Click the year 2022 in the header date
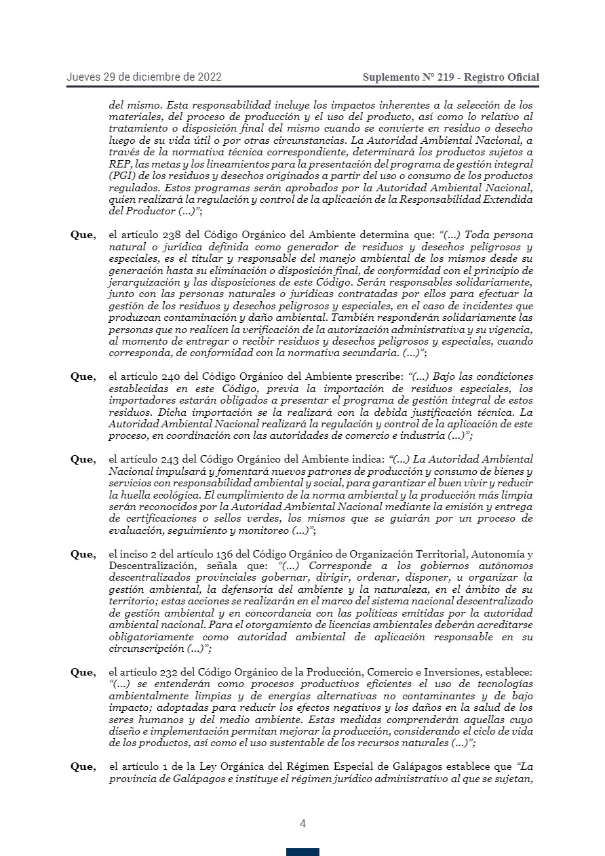(209, 77)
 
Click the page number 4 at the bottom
(302, 824)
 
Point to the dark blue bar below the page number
(302, 851)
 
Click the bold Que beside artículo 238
(83, 235)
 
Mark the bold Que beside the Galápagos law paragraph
(83, 767)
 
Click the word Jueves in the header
(83, 77)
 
